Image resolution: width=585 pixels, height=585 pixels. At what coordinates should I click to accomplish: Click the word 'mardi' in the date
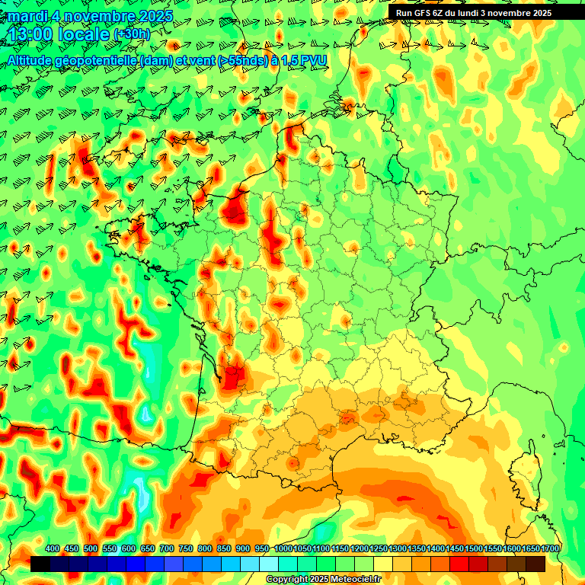(27, 16)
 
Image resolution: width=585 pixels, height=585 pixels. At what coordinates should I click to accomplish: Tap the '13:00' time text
(30, 34)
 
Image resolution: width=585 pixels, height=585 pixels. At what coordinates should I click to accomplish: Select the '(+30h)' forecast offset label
(132, 34)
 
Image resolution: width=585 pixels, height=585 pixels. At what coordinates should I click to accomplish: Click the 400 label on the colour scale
(53, 549)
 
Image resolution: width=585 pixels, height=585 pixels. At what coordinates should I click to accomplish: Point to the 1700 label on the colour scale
(550, 549)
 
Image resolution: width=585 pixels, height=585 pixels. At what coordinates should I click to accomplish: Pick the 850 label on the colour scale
(224, 549)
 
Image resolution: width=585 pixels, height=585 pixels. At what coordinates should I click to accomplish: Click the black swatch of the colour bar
(40, 564)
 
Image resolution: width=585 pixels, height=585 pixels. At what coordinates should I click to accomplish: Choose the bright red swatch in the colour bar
(459, 564)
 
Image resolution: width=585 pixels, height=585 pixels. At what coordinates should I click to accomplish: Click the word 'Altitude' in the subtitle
(33, 60)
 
